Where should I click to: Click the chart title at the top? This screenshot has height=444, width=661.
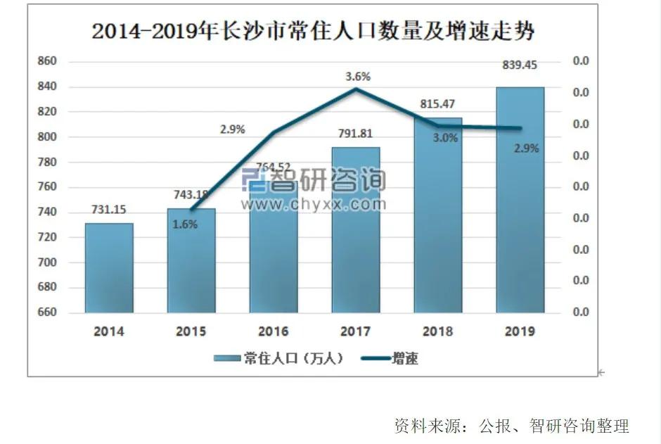click(313, 32)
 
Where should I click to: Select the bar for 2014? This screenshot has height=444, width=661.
click(109, 268)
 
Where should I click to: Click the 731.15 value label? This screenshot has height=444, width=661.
click(109, 210)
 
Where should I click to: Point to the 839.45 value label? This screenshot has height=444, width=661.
click(520, 65)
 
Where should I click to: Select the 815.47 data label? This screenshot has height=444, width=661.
click(437, 104)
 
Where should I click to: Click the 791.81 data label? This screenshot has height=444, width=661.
click(356, 134)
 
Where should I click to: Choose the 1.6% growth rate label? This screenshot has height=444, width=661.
click(186, 224)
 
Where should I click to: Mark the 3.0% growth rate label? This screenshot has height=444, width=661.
click(445, 138)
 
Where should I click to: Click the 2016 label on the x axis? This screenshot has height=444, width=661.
click(274, 331)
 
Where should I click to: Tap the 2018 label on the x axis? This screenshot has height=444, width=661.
click(437, 331)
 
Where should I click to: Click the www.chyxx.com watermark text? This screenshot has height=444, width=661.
click(314, 205)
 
